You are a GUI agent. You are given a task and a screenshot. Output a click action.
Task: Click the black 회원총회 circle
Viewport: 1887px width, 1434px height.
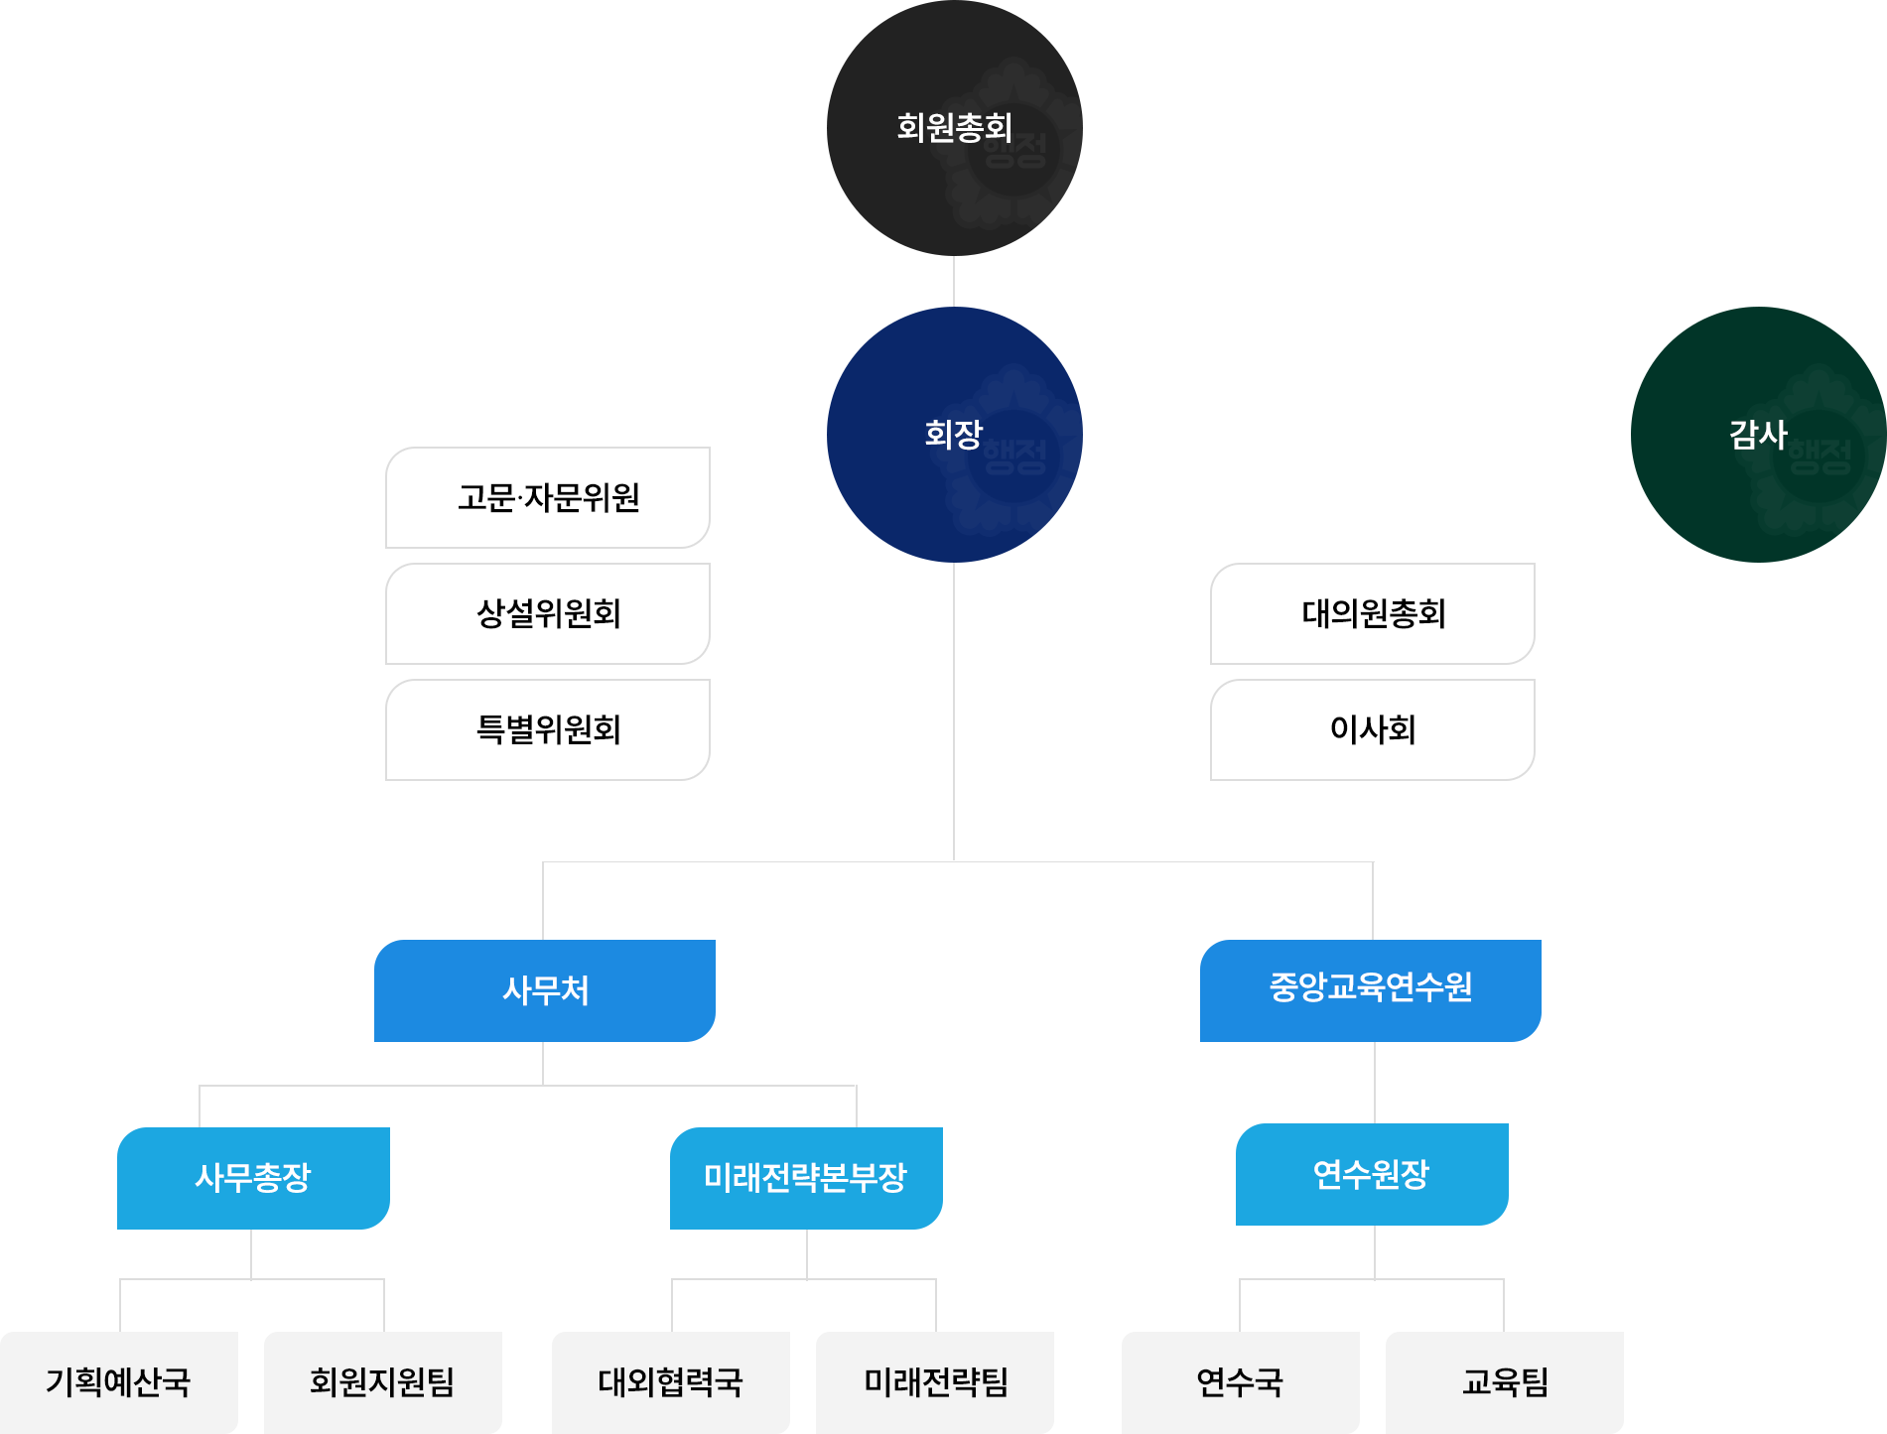[x=954, y=128]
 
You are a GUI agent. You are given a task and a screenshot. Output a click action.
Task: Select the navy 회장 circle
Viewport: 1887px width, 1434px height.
[x=954, y=435]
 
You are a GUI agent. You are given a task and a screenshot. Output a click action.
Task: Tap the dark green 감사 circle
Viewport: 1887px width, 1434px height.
[x=1758, y=435]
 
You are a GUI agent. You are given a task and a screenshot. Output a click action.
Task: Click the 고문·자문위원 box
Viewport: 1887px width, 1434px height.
[x=548, y=497]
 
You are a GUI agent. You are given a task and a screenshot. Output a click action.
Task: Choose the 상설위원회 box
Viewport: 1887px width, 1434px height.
[x=548, y=613]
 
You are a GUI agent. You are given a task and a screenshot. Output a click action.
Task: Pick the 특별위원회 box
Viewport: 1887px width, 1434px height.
[x=548, y=729]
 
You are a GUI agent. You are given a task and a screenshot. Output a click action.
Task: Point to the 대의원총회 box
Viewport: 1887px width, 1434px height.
[x=1373, y=613]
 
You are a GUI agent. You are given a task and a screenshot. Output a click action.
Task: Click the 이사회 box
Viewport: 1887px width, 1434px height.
[x=1373, y=729]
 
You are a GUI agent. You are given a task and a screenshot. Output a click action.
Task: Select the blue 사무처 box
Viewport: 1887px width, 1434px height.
[x=545, y=990]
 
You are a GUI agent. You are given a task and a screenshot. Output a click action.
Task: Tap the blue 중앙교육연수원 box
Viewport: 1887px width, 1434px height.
[x=1371, y=990]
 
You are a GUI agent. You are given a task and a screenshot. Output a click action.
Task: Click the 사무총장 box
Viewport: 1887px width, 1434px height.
[x=253, y=1178]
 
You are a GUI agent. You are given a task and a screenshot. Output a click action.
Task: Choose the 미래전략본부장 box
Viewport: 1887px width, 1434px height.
[x=806, y=1178]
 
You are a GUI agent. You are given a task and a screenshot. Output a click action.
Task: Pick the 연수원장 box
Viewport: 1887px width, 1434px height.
[x=1372, y=1174]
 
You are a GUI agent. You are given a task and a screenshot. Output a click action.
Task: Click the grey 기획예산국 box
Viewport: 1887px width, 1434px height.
[x=119, y=1382]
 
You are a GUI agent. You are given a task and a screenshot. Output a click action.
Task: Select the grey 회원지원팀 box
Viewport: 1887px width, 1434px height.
[x=383, y=1382]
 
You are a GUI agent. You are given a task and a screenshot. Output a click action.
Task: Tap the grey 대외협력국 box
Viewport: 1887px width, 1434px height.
[x=671, y=1382]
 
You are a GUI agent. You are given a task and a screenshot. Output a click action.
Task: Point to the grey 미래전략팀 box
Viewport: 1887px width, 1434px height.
[x=936, y=1382]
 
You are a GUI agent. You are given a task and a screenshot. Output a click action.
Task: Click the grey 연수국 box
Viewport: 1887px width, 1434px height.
[x=1241, y=1382]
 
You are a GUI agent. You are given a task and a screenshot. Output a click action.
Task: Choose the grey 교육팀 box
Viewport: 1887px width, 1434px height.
[x=1505, y=1382]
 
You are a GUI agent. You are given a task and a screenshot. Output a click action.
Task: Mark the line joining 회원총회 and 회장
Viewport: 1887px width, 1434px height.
[x=954, y=282]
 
